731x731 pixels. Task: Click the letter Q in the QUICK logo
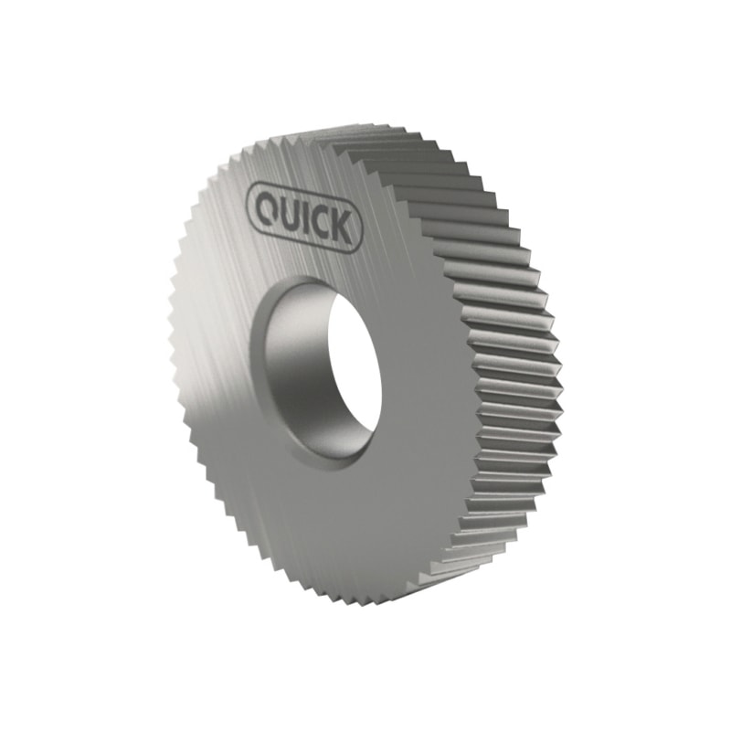[267, 207]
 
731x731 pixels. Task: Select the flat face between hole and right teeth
[429, 384]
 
